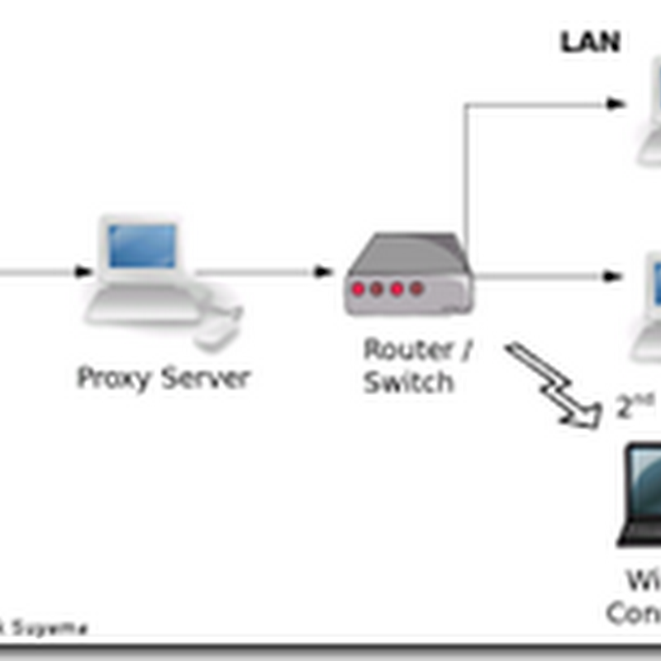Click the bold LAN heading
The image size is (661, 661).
point(590,42)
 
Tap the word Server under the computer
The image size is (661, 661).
point(205,378)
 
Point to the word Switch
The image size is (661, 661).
point(408,383)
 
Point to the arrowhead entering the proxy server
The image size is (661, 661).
point(83,272)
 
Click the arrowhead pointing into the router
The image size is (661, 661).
point(323,272)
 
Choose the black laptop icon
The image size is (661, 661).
point(640,496)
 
